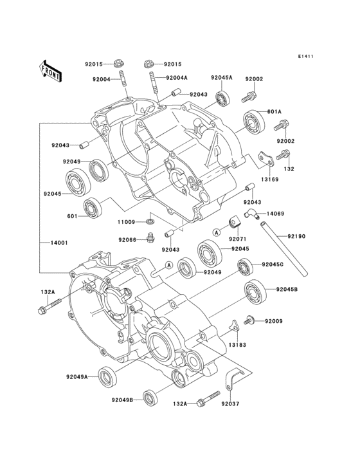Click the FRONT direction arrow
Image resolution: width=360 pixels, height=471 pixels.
[x=51, y=71]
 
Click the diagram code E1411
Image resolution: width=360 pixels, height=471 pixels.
[x=305, y=56]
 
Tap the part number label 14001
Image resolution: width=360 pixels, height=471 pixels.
[x=59, y=243]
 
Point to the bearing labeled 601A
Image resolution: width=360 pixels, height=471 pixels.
[x=254, y=122]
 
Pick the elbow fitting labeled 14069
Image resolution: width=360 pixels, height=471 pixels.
[x=251, y=214]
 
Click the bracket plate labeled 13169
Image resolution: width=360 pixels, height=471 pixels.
[x=267, y=160]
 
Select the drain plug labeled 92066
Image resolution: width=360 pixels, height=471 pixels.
[x=150, y=237]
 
